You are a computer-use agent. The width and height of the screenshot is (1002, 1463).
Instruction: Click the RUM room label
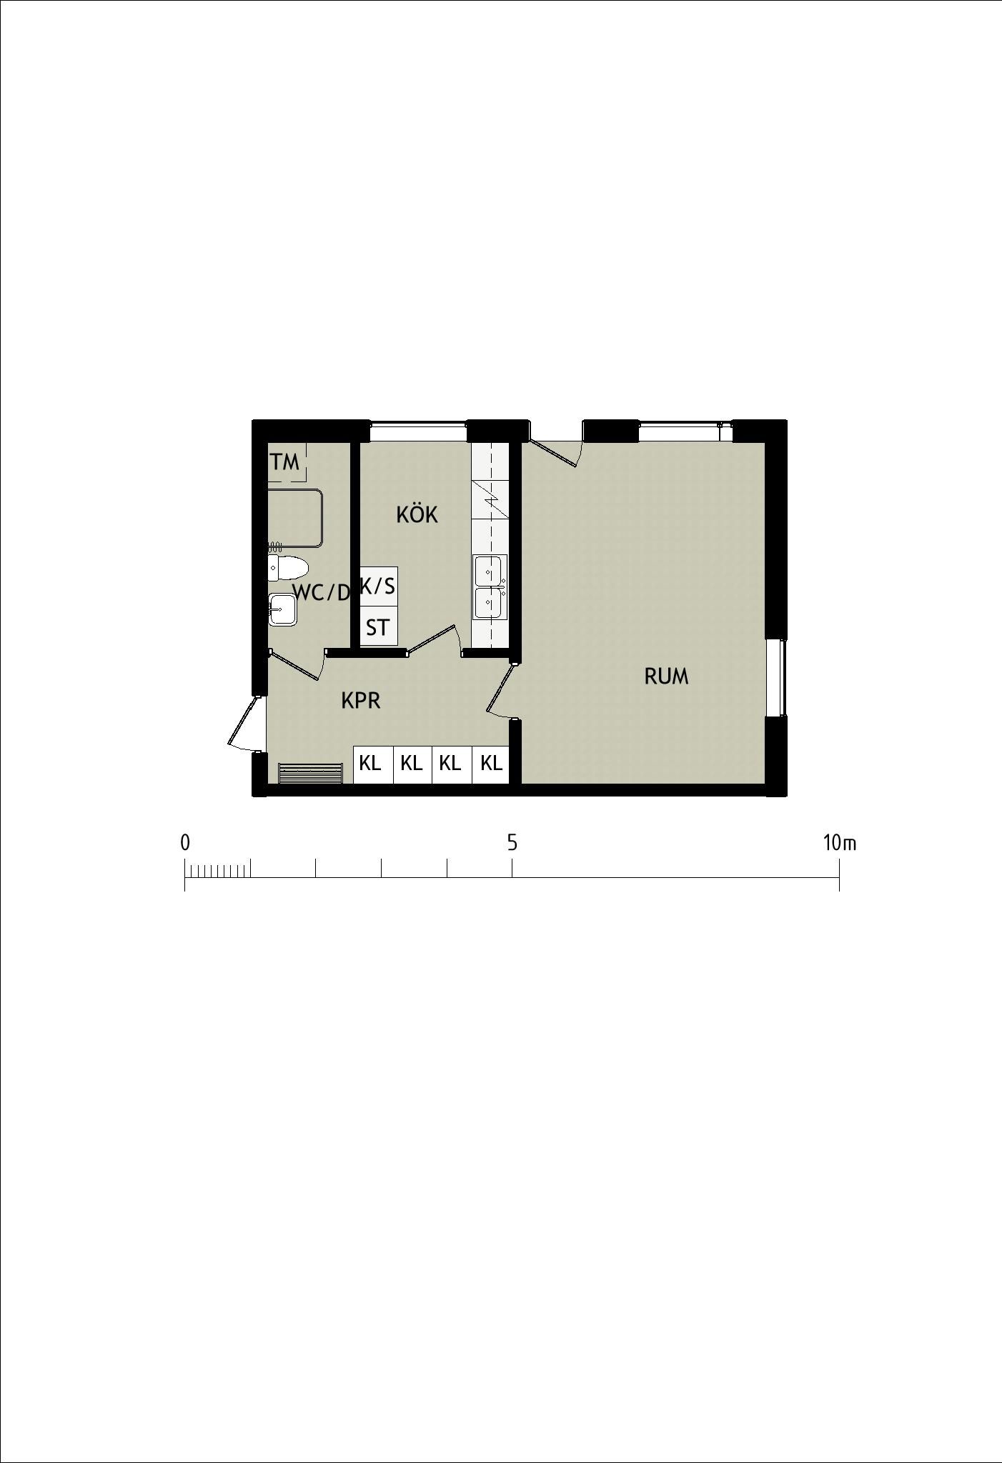pyautogui.click(x=666, y=676)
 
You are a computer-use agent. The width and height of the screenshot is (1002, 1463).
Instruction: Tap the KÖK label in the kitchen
pyautogui.click(x=417, y=514)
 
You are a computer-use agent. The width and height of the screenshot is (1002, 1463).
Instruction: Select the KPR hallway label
pyautogui.click(x=361, y=701)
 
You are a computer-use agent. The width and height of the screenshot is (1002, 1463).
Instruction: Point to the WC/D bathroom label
pyautogui.click(x=322, y=592)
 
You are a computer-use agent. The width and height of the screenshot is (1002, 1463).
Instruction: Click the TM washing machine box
pyautogui.click(x=287, y=461)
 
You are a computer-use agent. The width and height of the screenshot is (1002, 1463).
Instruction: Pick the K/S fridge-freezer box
pyautogui.click(x=378, y=586)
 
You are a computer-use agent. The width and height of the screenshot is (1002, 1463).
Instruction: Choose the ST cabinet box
pyautogui.click(x=378, y=626)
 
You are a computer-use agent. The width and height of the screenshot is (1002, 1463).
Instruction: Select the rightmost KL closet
pyautogui.click(x=491, y=764)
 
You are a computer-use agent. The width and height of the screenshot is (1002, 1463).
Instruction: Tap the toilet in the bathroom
pyautogui.click(x=288, y=569)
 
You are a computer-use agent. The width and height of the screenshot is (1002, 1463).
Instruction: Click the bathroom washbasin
pyautogui.click(x=282, y=609)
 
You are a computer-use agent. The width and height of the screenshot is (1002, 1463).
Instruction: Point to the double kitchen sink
pyautogui.click(x=490, y=586)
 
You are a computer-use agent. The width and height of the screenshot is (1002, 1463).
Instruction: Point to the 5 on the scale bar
pyautogui.click(x=512, y=843)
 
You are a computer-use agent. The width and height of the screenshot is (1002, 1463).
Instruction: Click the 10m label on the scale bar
pyautogui.click(x=839, y=843)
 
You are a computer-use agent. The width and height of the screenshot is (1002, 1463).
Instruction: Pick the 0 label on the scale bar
pyautogui.click(x=185, y=843)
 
